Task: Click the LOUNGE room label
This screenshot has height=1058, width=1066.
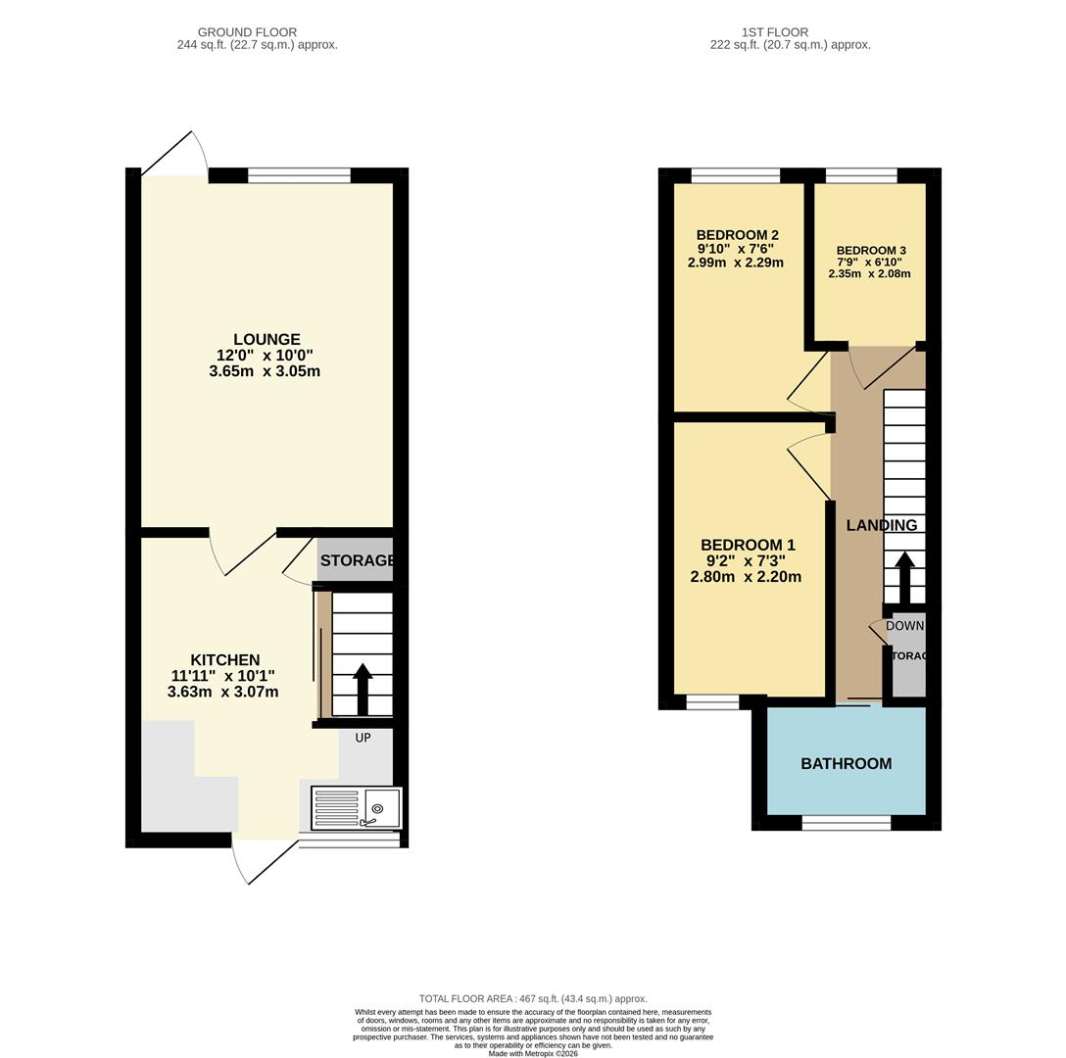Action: [x=266, y=340]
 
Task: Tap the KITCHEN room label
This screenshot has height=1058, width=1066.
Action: [x=224, y=660]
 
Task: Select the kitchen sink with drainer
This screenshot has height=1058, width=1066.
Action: [x=356, y=808]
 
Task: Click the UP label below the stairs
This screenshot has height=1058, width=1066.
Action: [x=363, y=738]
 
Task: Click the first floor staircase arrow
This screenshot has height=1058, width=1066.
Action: [x=904, y=578]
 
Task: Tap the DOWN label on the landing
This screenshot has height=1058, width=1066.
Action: [x=904, y=626]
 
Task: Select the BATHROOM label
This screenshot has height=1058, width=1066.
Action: [x=847, y=763]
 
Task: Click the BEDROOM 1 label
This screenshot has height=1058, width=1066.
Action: [x=748, y=545]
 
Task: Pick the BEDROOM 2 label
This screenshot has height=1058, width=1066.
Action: [x=737, y=235]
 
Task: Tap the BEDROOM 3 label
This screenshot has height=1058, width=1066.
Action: [x=871, y=251]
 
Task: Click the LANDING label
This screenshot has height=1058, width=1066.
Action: [x=882, y=525]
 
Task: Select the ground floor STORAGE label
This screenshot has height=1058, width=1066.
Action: [x=357, y=560]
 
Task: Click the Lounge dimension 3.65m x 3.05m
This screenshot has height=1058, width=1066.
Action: [x=265, y=371]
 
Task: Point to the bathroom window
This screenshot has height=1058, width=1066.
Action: [x=847, y=823]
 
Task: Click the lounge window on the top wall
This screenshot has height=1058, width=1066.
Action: [x=299, y=175]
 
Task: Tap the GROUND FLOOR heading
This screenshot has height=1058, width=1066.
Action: [x=247, y=32]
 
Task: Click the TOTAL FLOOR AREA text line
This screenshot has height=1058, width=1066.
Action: [x=533, y=998]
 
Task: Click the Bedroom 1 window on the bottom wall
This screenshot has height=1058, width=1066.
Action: [x=712, y=701]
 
